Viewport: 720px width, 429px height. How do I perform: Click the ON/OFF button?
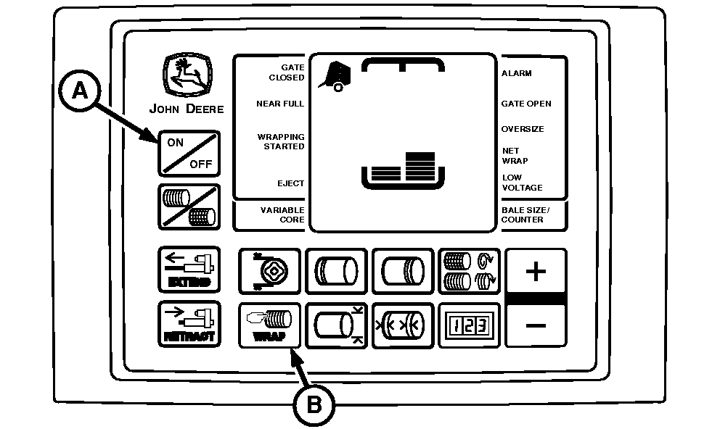click(189, 153)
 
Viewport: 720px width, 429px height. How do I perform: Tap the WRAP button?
click(269, 325)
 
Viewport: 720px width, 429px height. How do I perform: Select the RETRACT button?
click(189, 324)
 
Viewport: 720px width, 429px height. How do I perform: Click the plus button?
click(536, 272)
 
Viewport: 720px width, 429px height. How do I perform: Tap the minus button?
click(536, 324)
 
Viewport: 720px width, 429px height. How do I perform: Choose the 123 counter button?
click(469, 324)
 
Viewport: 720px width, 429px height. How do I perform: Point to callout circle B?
click(314, 403)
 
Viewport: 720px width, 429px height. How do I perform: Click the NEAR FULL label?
click(280, 104)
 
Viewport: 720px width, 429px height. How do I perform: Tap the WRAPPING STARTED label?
click(281, 141)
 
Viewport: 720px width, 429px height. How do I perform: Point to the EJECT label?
click(290, 183)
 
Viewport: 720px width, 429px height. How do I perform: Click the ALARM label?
click(517, 73)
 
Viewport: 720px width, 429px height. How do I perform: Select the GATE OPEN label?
click(526, 104)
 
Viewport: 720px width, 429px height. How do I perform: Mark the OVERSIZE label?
click(523, 129)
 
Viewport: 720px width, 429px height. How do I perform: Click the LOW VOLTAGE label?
click(522, 183)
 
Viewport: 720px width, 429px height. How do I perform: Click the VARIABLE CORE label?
click(282, 214)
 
